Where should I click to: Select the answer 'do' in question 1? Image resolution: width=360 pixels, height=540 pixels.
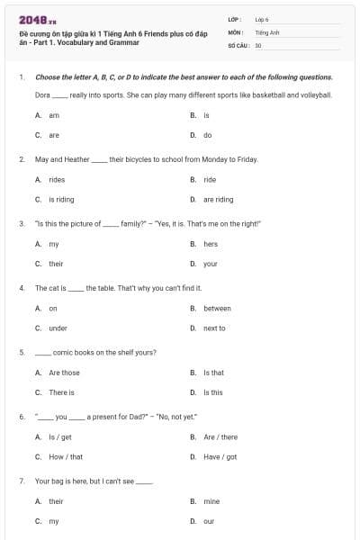click(x=207, y=135)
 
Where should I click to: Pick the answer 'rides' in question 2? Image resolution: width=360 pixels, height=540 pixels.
click(x=57, y=180)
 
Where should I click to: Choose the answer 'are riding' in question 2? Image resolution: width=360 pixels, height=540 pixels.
click(x=218, y=200)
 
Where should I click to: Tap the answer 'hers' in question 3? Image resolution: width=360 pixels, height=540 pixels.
click(x=211, y=244)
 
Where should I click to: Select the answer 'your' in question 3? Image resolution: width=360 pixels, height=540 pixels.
click(x=211, y=264)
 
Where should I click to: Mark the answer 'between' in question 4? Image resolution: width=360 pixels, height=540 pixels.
click(x=217, y=308)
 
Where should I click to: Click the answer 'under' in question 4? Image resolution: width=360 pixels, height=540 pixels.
click(x=58, y=328)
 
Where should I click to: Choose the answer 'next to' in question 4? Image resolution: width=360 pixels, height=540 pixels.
click(x=214, y=328)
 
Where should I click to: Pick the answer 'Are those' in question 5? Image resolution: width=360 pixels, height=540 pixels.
click(x=64, y=373)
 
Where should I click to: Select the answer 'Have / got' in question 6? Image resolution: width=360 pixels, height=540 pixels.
click(x=220, y=457)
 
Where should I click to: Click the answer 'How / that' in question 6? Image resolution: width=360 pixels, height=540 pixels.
click(x=66, y=457)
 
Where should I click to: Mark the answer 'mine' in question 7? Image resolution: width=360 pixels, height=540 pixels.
click(x=211, y=501)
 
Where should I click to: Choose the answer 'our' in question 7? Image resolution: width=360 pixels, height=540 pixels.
click(x=209, y=521)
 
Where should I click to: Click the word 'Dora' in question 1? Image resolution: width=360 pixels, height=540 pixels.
click(x=42, y=94)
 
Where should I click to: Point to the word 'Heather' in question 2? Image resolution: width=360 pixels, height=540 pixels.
click(x=76, y=159)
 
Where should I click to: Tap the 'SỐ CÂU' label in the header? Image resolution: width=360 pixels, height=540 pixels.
click(x=238, y=44)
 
